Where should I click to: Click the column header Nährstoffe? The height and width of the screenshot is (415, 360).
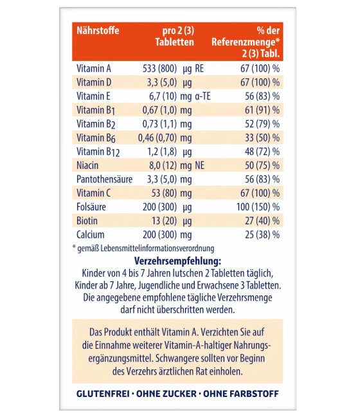[97, 30]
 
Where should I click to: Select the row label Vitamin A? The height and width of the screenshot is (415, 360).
[94, 69]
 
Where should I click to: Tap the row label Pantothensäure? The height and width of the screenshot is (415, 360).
[104, 179]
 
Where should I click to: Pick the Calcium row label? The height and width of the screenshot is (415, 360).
[90, 234]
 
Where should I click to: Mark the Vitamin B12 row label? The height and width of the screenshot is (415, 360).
[97, 152]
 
